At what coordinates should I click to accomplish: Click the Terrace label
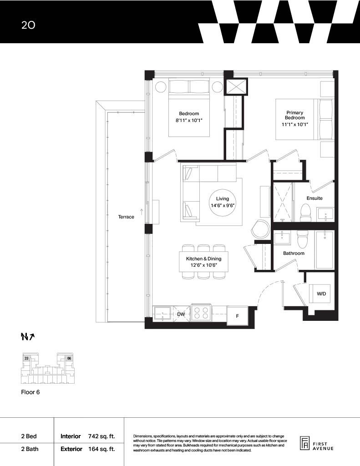point(126,217)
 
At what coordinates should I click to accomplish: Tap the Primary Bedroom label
point(295,115)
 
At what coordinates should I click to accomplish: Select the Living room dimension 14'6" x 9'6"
point(223,205)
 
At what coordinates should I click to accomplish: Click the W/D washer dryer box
point(319,294)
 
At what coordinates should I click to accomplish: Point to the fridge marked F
point(237,316)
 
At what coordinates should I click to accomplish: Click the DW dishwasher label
point(181,314)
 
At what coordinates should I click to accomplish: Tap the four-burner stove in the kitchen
point(201,313)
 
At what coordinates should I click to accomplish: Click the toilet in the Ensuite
point(305,213)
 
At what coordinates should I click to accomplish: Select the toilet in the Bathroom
point(302,239)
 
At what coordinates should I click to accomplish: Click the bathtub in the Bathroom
point(325,250)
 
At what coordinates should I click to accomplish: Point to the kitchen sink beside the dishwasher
point(162,313)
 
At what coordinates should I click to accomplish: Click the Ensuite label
point(314,198)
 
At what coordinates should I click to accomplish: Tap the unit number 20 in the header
point(28,25)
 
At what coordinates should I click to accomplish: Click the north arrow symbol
point(28,336)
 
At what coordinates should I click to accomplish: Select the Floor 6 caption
point(30,392)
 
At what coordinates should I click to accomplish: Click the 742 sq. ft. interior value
point(101,436)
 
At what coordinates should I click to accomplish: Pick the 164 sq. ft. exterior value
point(101,449)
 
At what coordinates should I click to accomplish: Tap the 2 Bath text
point(30,449)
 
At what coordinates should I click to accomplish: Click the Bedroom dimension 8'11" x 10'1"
point(189,120)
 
